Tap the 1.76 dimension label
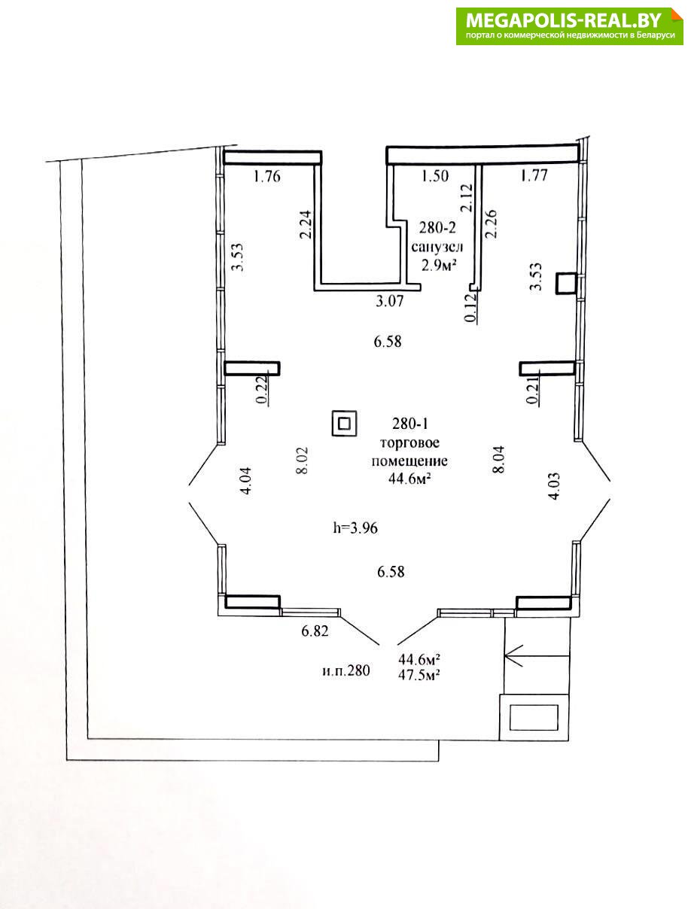(x=266, y=176)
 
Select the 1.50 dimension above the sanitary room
(x=434, y=175)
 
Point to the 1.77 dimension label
(x=534, y=175)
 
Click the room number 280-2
(x=437, y=227)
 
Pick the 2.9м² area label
(x=439, y=265)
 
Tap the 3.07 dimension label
(x=389, y=301)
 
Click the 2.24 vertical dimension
(x=306, y=225)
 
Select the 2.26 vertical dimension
(x=492, y=224)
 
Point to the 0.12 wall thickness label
(x=471, y=308)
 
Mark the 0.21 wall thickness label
(x=533, y=389)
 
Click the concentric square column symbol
(x=344, y=424)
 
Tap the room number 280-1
(x=409, y=424)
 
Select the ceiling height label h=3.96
(x=355, y=528)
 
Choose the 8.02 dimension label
(x=303, y=460)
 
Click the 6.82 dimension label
(x=315, y=631)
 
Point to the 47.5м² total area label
(x=419, y=676)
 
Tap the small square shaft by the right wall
(x=566, y=283)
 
